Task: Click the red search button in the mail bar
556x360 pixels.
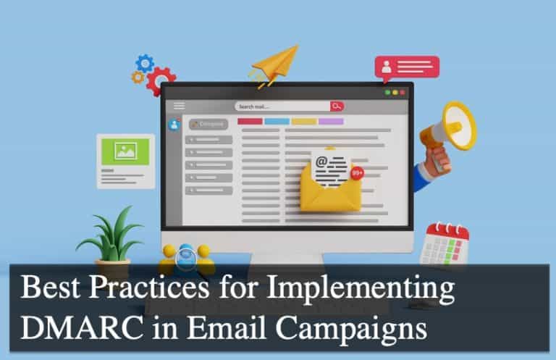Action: [337, 106]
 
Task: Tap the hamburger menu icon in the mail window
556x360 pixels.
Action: [179, 106]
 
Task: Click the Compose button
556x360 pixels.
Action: [208, 124]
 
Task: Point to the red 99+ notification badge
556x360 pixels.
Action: [358, 173]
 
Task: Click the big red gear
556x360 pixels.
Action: [161, 80]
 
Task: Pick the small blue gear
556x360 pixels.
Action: [145, 62]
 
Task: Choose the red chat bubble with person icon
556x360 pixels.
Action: [406, 69]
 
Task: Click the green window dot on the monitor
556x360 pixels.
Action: [387, 93]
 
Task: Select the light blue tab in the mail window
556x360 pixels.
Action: [277, 122]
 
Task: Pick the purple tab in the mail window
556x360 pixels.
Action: [331, 122]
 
